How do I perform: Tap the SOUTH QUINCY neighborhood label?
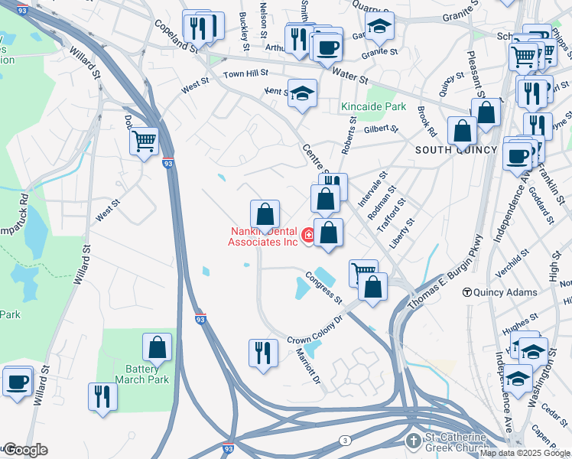pyautogui.click(x=456, y=150)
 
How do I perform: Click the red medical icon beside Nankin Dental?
pyautogui.click(x=308, y=236)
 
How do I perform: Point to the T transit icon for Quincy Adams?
pyautogui.click(x=466, y=292)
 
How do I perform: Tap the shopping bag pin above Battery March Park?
pyautogui.click(x=157, y=347)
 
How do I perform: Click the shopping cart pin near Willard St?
pyautogui.click(x=144, y=142)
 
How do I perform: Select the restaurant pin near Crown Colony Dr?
pyautogui.click(x=263, y=353)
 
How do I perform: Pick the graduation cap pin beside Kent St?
pyautogui.click(x=302, y=93)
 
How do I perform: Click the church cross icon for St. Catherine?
pyautogui.click(x=413, y=441)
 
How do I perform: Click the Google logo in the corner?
pyautogui.click(x=24, y=450)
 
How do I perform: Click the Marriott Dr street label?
pyautogui.click(x=310, y=365)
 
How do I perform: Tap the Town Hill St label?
pyautogui.click(x=245, y=74)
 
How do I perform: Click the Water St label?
pyautogui.click(x=351, y=77)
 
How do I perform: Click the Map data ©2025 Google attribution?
pyautogui.click(x=525, y=453)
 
